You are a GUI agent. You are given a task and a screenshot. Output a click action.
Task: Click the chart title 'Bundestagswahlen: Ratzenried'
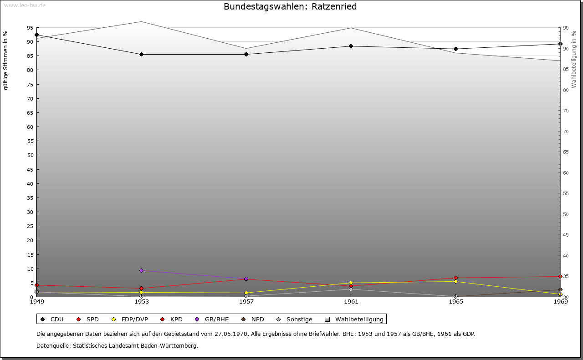pos(290,7)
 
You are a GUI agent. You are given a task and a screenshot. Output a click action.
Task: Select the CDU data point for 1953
pos(141,54)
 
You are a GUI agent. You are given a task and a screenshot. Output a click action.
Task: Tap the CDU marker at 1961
pos(351,46)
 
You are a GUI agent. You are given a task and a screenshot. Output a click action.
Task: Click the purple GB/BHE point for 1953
pos(141,270)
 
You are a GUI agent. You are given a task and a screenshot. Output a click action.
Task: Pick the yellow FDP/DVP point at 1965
pos(455,281)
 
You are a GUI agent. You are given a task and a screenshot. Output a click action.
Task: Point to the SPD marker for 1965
pos(455,278)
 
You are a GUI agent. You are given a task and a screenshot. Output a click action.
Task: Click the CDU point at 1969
pos(560,44)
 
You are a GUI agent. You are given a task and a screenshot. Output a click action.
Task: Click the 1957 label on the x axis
pos(246,301)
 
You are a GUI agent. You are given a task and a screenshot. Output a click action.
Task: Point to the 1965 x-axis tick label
pos(455,301)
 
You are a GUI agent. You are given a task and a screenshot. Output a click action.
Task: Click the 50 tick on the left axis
pos(30,155)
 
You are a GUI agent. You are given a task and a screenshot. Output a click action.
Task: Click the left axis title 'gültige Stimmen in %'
pos(6,60)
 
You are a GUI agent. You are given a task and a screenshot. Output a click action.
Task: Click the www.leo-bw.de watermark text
pos(24,5)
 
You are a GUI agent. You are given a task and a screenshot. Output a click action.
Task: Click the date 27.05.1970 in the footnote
pos(231,334)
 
